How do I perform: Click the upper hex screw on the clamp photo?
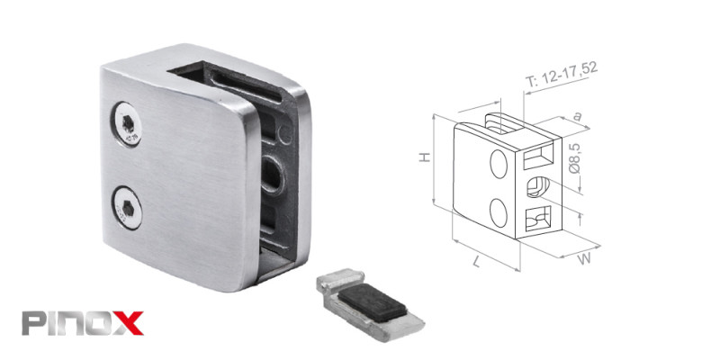point(126,124)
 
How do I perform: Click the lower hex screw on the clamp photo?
point(127,208)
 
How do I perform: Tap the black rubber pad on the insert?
point(373,301)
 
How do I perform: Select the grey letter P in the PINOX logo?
point(33,323)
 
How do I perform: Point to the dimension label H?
point(425,157)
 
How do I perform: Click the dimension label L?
point(476,262)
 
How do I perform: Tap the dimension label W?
point(584,259)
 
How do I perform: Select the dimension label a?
point(577,116)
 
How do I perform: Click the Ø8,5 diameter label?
point(574,157)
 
